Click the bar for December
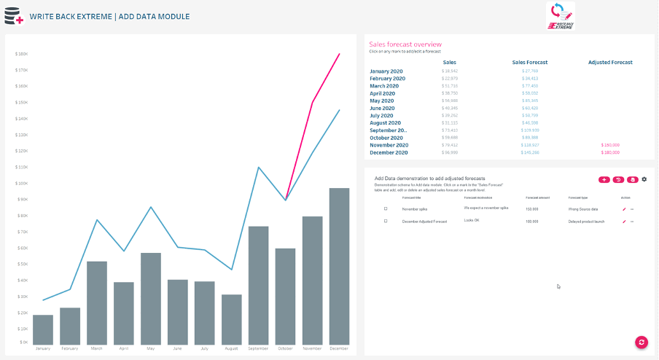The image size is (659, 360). [339, 266]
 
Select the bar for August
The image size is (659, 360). [231, 319]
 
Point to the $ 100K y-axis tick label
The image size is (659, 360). [20, 183]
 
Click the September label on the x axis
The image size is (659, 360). [258, 348]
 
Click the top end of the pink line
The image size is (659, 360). [339, 54]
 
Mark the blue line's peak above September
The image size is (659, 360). [259, 167]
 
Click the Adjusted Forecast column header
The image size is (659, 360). [610, 63]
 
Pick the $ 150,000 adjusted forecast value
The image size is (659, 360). [610, 145]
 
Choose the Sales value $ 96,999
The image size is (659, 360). [450, 152]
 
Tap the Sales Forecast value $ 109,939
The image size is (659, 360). [530, 130]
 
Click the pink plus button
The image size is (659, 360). [604, 179]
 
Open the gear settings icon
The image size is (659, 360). [644, 179]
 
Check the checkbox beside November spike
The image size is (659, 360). [386, 208]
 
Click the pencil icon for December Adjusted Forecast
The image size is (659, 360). [624, 221]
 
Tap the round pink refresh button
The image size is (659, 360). [642, 342]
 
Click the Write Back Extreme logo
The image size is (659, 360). [560, 15]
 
